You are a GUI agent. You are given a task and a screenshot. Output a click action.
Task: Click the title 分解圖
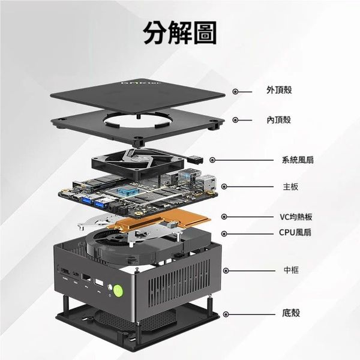(180, 32)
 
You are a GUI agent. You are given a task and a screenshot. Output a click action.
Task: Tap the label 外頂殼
(279, 90)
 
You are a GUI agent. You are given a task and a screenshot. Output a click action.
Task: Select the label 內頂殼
(279, 120)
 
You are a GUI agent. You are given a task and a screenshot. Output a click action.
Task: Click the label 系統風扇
(298, 160)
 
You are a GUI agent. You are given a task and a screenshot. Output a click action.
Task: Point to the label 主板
(290, 187)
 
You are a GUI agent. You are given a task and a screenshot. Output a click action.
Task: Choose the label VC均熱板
(296, 217)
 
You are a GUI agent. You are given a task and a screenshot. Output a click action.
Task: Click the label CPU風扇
(295, 232)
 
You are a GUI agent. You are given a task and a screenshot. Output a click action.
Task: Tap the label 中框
(291, 270)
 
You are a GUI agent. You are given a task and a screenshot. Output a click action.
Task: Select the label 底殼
(291, 313)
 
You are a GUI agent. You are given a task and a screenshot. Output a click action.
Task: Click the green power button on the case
(118, 290)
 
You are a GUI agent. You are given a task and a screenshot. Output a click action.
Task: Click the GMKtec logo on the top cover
(141, 83)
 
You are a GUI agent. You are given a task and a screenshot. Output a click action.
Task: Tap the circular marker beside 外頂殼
(235, 92)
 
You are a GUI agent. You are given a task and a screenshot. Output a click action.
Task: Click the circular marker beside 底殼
(226, 314)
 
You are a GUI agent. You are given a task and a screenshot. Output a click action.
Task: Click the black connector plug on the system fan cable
(196, 160)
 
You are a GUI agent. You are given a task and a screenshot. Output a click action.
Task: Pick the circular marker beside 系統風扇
(212, 160)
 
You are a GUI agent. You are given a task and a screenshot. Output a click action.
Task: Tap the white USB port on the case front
(99, 283)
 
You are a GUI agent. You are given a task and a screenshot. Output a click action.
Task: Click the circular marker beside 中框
(226, 271)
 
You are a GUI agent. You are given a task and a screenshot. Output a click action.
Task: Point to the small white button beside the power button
(110, 287)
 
